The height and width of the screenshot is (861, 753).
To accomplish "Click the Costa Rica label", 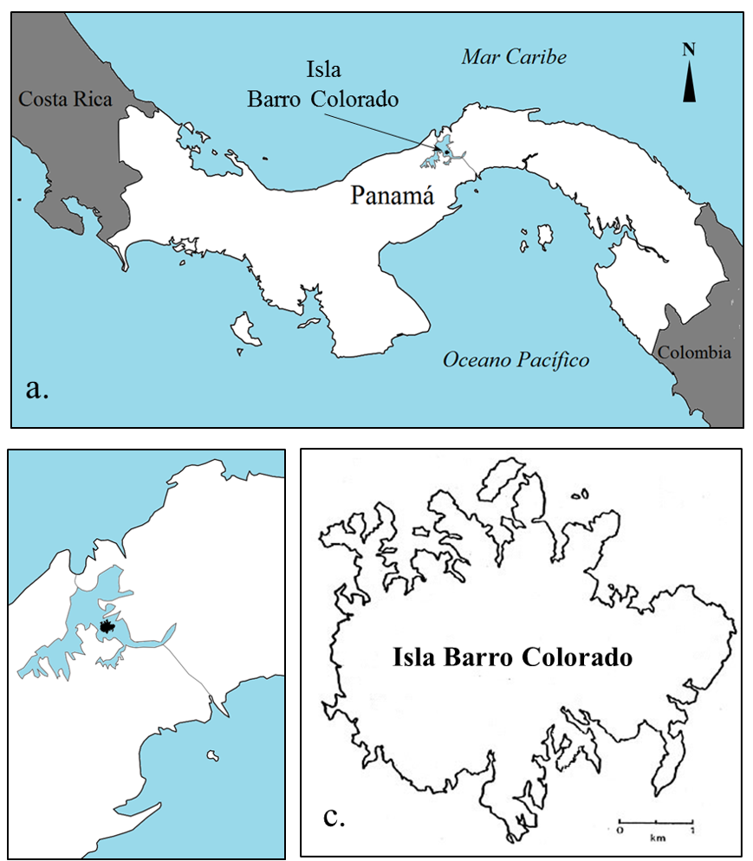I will point(66,100).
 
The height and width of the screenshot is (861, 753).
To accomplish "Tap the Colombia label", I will point(693,353).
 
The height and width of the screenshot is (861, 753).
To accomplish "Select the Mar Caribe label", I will point(514,57).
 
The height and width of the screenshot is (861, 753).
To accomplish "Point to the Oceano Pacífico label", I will point(516,359).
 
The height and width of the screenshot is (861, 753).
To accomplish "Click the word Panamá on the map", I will point(391,195).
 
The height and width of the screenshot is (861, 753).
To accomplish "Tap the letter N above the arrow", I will point(689,49).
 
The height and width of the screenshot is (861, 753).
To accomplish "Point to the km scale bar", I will point(655,819).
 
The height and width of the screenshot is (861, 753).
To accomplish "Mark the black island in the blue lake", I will point(107,625).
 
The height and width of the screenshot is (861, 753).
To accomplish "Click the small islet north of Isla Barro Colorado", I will point(579,495).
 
